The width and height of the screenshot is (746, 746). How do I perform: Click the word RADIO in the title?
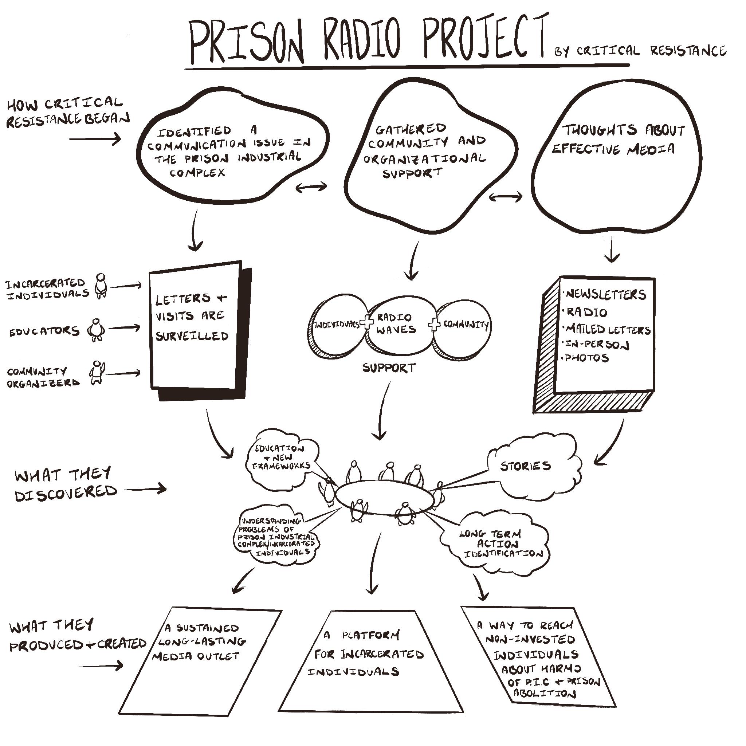click(x=362, y=40)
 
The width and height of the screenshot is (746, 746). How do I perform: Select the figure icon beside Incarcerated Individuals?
click(x=101, y=286)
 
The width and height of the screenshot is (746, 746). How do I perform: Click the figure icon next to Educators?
click(x=96, y=330)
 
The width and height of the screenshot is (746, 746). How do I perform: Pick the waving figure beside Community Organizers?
click(x=97, y=373)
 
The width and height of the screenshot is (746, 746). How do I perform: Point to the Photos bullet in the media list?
click(x=586, y=358)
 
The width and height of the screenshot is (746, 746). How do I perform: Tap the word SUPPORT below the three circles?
click(x=389, y=368)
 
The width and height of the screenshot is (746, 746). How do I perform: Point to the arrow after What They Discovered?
click(x=146, y=489)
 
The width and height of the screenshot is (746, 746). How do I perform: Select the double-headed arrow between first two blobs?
click(x=311, y=187)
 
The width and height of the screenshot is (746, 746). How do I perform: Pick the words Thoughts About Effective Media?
click(x=618, y=140)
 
